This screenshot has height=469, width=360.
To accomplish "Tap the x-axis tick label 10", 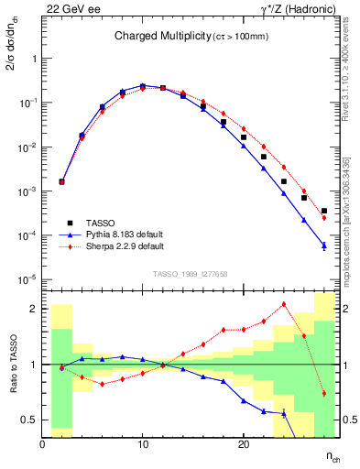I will [x=143, y=442].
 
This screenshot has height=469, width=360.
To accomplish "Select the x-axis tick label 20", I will [x=243, y=442].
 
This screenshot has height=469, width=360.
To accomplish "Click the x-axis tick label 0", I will [x=43, y=442].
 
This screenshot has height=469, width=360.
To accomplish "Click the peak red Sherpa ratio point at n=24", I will [x=284, y=304].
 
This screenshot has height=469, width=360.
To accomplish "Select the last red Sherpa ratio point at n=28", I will [x=324, y=394].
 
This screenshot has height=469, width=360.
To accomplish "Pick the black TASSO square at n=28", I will [x=324, y=211].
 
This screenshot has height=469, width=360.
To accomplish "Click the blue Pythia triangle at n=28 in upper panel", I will [x=324, y=245].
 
